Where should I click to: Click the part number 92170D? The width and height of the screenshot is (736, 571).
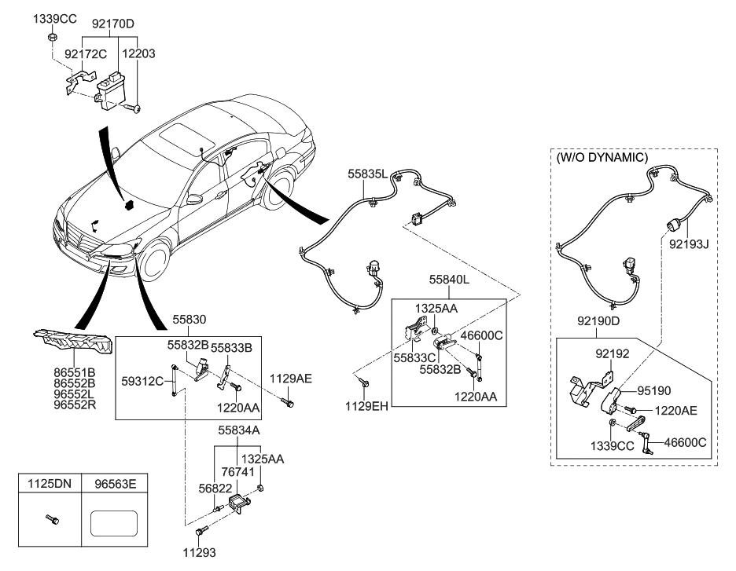click(x=115, y=24)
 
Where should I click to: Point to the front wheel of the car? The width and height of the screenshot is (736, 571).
click(x=155, y=265)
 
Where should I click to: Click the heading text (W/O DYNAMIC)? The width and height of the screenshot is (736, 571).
click(x=602, y=157)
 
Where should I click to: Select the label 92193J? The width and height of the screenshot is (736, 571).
click(x=689, y=243)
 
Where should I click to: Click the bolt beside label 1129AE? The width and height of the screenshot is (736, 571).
click(x=290, y=403)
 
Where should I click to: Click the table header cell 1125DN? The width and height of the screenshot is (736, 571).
click(x=50, y=485)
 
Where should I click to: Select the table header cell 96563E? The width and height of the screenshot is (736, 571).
click(x=115, y=485)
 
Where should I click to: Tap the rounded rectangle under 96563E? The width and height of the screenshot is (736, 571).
click(x=115, y=522)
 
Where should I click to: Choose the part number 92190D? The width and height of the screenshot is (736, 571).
click(x=598, y=320)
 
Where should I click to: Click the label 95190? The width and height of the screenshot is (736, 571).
click(x=654, y=390)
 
